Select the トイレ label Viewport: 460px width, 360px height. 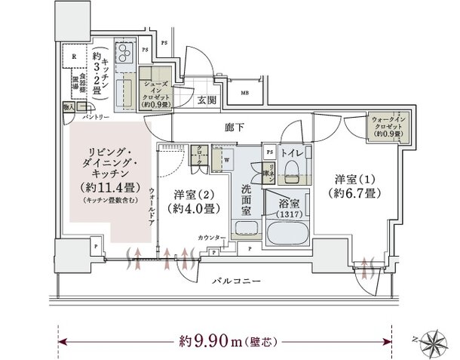292,154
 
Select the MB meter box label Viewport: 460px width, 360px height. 245,93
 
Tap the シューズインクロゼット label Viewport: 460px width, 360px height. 156,91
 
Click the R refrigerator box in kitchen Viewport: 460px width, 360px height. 74,57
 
